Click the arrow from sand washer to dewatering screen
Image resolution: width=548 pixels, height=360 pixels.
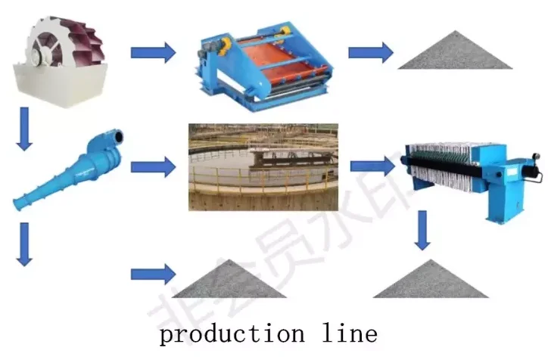[153, 53]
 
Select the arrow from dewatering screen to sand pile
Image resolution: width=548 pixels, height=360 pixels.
[370, 53]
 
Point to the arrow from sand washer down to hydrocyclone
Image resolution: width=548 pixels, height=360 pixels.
[25, 127]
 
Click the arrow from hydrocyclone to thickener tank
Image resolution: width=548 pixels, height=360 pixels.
[153, 166]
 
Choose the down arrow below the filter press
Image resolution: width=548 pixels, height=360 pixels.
[423, 231]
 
